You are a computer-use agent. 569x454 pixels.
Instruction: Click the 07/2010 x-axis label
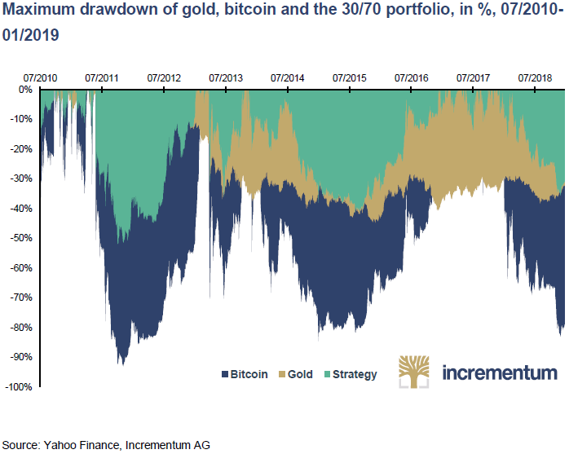coord(40,78)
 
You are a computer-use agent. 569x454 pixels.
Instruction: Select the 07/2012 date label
coord(164,78)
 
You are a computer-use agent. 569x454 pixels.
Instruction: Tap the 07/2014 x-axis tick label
coord(288,78)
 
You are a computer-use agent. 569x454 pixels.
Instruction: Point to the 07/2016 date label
coord(411,78)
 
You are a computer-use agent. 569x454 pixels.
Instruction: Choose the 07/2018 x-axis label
coord(535,78)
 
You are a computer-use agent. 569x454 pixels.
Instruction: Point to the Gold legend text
coord(300,375)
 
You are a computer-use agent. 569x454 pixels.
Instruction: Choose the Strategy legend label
coord(355,375)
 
